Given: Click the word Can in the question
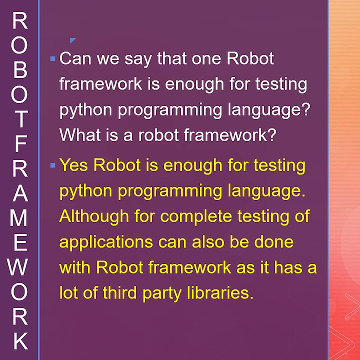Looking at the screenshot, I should [74, 59].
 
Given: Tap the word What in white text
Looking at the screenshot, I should [78, 135].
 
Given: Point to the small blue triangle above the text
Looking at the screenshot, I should [72, 40].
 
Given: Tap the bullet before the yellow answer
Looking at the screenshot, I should [52, 165].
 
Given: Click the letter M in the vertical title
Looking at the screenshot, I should [20, 218].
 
